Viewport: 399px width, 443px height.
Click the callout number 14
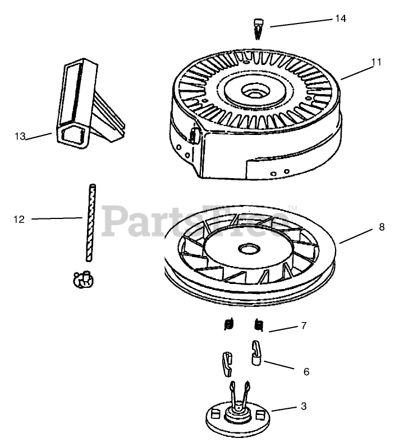point(340,18)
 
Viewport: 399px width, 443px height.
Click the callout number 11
point(376,62)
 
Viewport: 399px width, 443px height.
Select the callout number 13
point(20,136)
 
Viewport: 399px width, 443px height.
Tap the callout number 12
point(19,220)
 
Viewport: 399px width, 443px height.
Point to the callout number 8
point(382,227)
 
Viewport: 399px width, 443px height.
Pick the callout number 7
point(304,325)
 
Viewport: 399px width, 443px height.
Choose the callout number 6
point(306,371)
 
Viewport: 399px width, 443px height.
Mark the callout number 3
point(304,407)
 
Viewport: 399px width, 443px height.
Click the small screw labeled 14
point(259,28)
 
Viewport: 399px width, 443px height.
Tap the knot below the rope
point(82,278)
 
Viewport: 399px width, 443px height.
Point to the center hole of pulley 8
point(247,248)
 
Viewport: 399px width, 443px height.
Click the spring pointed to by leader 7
point(259,324)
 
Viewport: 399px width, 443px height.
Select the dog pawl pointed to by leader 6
point(256,353)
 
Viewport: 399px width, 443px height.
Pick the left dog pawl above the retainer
point(227,363)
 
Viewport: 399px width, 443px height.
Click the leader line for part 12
point(56,218)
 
